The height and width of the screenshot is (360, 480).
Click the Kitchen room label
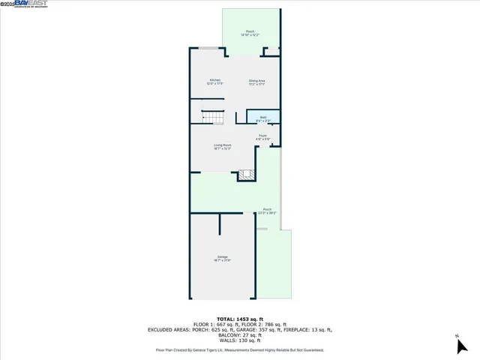[215, 82]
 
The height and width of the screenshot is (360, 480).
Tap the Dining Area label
[257, 82]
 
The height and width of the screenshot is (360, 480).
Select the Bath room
[263, 118]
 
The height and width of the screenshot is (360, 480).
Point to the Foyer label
[262, 138]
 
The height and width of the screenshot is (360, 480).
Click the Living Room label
[222, 147]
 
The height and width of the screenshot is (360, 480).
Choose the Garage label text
[223, 259]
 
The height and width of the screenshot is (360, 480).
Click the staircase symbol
[213, 118]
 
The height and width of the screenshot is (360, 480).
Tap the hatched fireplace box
[247, 175]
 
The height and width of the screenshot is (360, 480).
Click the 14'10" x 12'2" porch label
[250, 33]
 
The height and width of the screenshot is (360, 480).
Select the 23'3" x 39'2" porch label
[267, 211]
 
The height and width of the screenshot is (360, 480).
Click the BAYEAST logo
[23, 4]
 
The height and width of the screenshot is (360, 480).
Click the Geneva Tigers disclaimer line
[239, 349]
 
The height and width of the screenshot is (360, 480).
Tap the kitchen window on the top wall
[208, 49]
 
